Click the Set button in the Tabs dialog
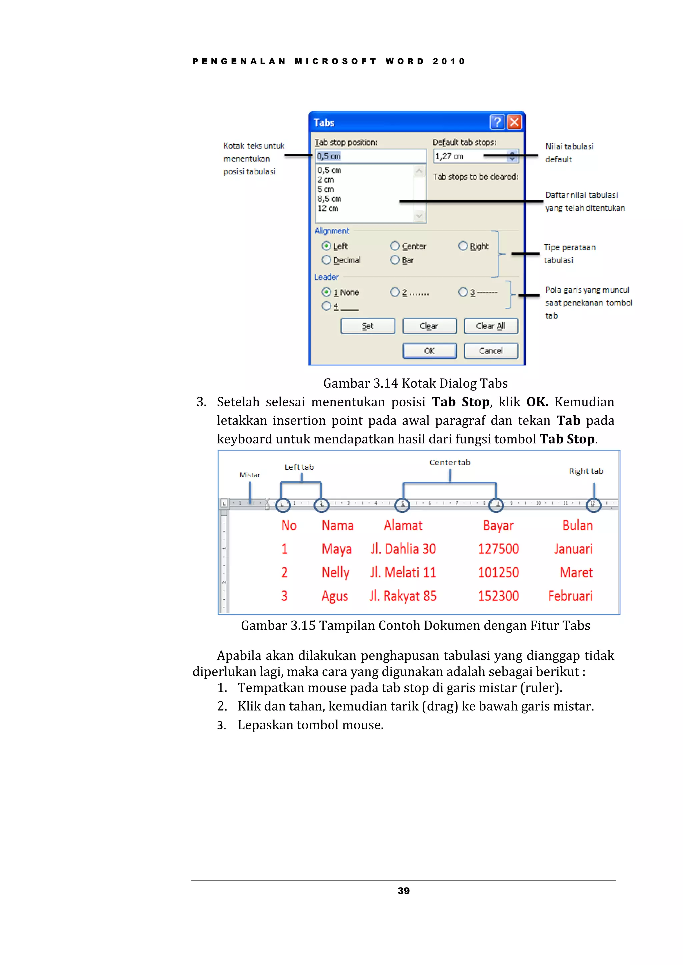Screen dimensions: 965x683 (x=368, y=326)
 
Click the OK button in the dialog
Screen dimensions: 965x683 (x=429, y=351)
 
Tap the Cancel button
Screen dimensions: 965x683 (x=490, y=351)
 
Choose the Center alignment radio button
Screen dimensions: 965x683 (x=395, y=246)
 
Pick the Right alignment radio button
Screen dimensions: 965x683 (x=463, y=246)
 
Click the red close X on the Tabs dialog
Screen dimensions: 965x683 (x=514, y=122)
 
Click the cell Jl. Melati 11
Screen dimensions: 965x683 (x=403, y=572)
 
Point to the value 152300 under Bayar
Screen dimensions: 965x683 (x=498, y=596)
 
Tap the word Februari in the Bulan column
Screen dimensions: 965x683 (x=570, y=596)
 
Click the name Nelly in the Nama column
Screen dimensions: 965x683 (x=335, y=572)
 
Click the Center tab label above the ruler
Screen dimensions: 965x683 (x=449, y=462)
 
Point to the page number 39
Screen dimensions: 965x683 (x=403, y=891)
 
